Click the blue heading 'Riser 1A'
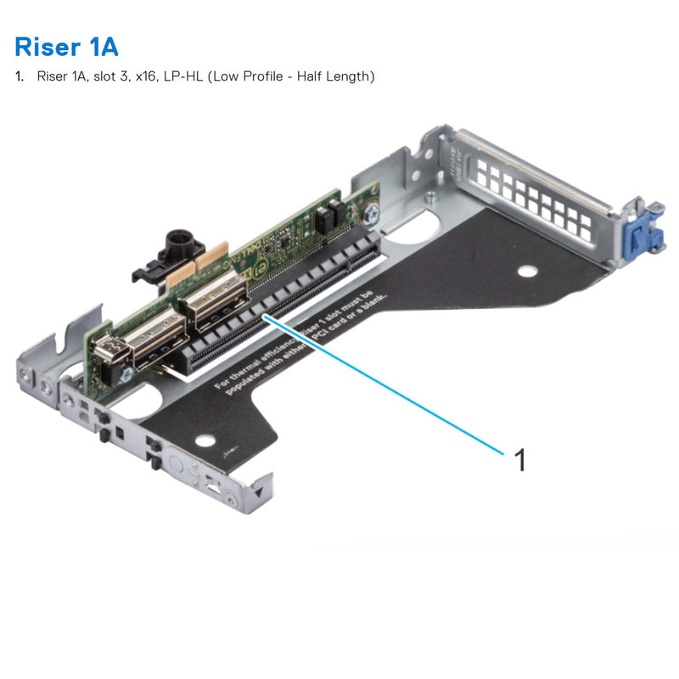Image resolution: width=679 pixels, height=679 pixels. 65,44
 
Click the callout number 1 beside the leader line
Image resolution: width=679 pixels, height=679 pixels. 520,460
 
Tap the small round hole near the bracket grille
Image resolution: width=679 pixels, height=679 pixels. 528,272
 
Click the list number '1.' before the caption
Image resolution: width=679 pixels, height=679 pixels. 20,76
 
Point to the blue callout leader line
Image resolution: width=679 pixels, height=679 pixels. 390,381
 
